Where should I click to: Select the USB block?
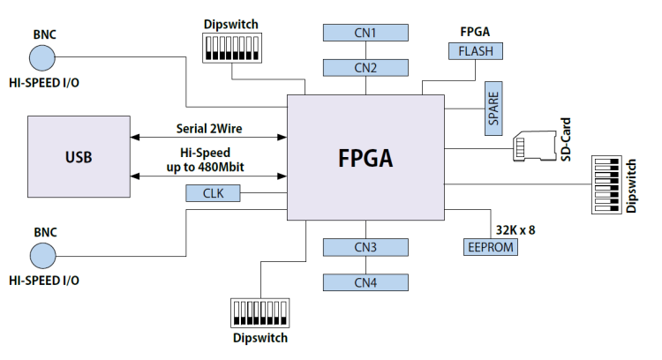79,158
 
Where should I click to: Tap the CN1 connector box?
366,33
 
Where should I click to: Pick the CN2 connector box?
366,67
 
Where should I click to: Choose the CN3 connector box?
366,247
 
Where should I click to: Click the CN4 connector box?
366,282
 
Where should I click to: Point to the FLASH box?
476,51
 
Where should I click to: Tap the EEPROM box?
490,246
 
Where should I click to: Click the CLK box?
213,193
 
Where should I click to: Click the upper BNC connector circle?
43,58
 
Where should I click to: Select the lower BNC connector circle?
43,256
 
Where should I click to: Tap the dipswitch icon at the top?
231,49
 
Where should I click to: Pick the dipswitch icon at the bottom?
259,313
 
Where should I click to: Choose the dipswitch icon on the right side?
606,185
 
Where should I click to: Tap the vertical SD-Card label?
566,139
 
